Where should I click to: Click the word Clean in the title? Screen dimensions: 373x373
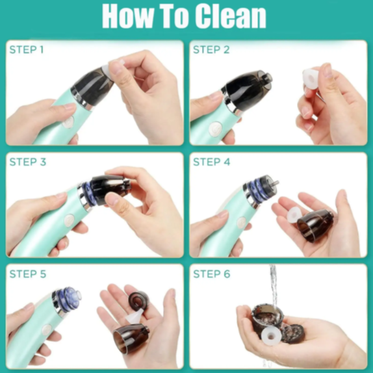click(x=230, y=17)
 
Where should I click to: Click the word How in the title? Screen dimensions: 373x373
click(x=128, y=17)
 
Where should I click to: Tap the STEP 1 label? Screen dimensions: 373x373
click(x=27, y=50)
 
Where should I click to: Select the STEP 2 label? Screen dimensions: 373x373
click(x=211, y=50)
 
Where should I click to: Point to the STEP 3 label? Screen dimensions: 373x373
click(x=27, y=162)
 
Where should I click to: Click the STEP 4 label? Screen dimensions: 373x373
click(x=211, y=162)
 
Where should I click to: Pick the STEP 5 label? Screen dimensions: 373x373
click(x=27, y=274)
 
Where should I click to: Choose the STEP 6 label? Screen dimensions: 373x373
click(x=211, y=274)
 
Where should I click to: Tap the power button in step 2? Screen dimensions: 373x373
click(x=216, y=129)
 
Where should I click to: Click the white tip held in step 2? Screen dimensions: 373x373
click(x=311, y=80)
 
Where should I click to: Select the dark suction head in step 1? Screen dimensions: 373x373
click(x=92, y=88)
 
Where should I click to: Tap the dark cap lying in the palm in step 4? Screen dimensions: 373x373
click(x=315, y=225)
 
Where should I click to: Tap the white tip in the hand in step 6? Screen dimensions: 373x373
click(x=271, y=336)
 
